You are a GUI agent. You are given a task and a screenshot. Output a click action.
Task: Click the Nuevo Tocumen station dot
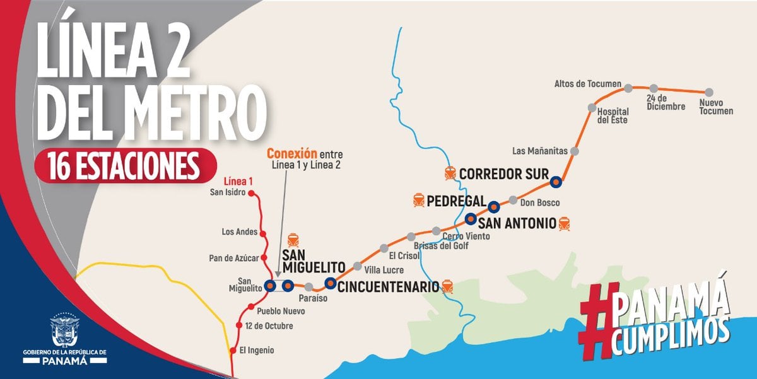point(709,92)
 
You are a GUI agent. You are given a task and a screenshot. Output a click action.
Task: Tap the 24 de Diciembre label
point(666,103)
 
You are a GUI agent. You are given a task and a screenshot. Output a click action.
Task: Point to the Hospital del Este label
point(613,116)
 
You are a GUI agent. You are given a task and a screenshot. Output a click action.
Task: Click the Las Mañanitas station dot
point(574,151)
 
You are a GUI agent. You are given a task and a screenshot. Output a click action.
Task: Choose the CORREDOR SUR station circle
point(556,183)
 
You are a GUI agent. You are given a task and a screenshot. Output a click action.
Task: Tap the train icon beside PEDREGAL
point(418,201)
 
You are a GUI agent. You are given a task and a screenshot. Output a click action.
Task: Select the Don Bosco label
point(540,202)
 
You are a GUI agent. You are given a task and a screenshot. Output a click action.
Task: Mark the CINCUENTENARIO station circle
point(329,283)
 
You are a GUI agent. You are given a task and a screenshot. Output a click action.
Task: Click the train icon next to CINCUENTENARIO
point(447,286)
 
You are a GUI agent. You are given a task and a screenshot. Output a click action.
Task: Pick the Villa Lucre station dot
point(358,265)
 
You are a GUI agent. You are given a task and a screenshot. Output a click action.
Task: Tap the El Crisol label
point(401,256)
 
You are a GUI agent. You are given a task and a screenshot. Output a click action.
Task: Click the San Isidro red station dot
point(251,193)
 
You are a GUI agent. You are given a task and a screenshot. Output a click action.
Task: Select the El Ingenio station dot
point(234,349)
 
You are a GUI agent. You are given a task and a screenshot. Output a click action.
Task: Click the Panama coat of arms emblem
point(66,330)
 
